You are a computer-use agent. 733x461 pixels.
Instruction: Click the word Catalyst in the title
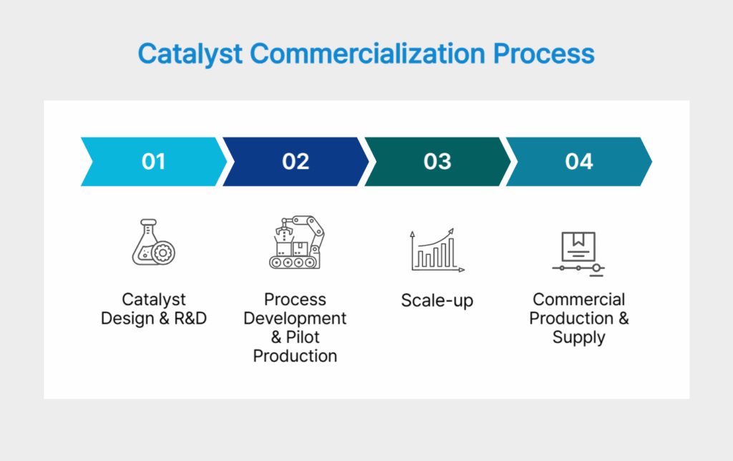click(185, 55)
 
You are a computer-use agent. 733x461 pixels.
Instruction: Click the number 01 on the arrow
click(153, 162)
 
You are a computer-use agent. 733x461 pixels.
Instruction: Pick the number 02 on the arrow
click(295, 162)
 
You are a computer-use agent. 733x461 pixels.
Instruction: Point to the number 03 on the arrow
click(437, 162)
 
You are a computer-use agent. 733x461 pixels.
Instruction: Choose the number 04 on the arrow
click(578, 162)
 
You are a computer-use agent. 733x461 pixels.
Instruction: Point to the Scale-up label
click(437, 301)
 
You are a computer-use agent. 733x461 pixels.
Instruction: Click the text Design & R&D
click(153, 319)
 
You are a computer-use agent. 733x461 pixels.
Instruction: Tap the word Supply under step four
click(578, 337)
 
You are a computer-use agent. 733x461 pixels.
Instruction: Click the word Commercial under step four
click(578, 300)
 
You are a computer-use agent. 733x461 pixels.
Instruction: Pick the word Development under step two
click(295, 319)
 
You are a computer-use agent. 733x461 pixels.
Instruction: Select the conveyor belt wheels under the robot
click(294, 263)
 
